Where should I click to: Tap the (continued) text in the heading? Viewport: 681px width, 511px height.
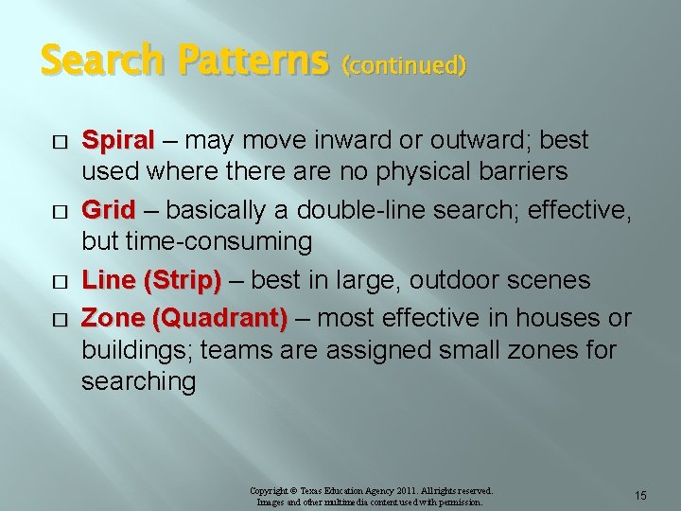(404, 65)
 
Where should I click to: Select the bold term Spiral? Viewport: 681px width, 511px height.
(117, 141)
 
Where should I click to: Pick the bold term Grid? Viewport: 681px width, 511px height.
(109, 209)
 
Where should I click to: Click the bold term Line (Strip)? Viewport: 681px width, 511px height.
(151, 280)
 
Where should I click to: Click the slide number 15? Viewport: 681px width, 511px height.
(640, 496)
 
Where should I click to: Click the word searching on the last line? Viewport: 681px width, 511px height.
(138, 382)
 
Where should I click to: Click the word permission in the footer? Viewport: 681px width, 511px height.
(458, 502)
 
